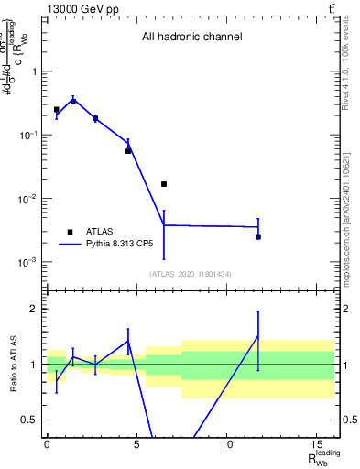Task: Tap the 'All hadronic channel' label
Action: tap(191, 38)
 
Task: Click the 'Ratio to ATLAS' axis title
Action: tap(12, 364)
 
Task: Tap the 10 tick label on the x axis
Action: tap(226, 443)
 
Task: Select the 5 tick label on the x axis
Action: tap(136, 443)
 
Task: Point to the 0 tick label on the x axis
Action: tap(47, 443)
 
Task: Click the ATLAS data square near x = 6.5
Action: tap(164, 184)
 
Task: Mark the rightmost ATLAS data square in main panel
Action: tap(258, 236)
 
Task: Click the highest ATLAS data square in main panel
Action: tap(73, 101)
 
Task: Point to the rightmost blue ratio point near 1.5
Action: tap(258, 336)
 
